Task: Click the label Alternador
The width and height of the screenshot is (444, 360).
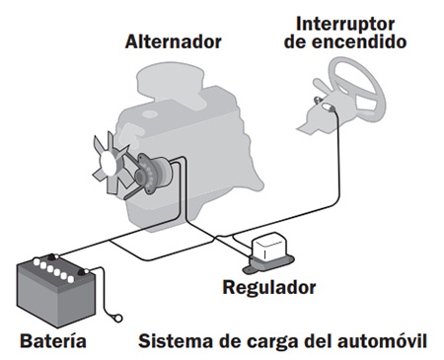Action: pyautogui.click(x=174, y=41)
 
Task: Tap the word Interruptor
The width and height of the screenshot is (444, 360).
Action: pyautogui.click(x=345, y=24)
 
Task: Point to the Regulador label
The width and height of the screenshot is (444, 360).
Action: pyautogui.click(x=269, y=287)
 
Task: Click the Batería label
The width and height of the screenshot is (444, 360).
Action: pyautogui.click(x=53, y=340)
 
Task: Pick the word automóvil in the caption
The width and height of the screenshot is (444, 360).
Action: pyautogui.click(x=383, y=340)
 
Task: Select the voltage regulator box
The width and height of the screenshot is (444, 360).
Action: pyautogui.click(x=269, y=252)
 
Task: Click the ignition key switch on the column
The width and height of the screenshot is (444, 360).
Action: pyautogui.click(x=328, y=107)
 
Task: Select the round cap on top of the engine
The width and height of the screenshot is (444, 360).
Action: pyautogui.click(x=151, y=114)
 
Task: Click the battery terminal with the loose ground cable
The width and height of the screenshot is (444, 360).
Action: pyautogui.click(x=82, y=271)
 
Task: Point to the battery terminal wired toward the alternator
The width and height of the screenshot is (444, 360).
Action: pyautogui.click(x=52, y=256)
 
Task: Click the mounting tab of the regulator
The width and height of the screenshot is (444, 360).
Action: pyautogui.click(x=249, y=269)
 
